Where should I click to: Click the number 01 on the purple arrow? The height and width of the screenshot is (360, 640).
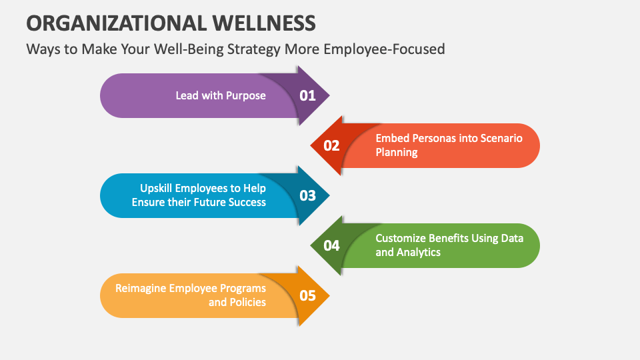[307, 95]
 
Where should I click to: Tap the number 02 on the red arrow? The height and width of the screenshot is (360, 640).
[331, 145]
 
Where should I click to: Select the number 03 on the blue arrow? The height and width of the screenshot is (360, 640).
[307, 195]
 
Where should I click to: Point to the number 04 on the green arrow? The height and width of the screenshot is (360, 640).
[331, 245]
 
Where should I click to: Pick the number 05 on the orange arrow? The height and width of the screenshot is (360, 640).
[307, 295]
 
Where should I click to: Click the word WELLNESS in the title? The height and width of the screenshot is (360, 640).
[265, 23]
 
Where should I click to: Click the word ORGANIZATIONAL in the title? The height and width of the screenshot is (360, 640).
[117, 23]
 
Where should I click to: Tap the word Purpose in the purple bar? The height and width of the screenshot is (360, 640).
[246, 95]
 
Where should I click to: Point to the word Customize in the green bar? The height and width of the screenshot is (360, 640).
[400, 238]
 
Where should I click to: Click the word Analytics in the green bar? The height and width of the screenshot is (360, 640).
[419, 253]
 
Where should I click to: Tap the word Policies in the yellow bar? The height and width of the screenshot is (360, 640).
[248, 303]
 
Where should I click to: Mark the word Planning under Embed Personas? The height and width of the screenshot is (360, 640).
[396, 153]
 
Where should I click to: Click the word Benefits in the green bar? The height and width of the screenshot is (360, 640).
[453, 238]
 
